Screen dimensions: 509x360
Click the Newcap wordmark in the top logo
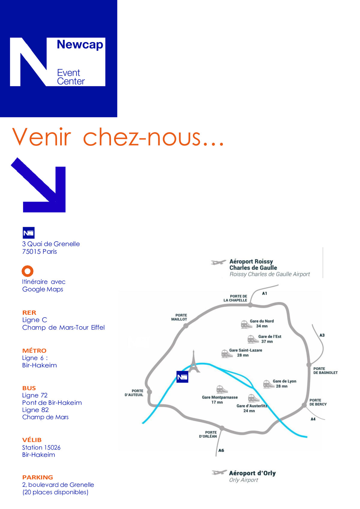[80, 45]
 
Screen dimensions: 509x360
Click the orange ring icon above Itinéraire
[28, 271]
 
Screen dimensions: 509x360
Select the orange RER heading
[29, 313]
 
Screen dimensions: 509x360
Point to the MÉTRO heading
[34, 350]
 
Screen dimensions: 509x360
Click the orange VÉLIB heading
[32, 440]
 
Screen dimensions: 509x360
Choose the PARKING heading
[37, 477]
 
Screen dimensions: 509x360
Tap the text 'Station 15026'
[41, 448]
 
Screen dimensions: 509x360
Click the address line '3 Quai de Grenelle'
[51, 244]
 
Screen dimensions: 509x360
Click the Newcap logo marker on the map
[182, 377]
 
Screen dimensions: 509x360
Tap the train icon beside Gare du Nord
[246, 324]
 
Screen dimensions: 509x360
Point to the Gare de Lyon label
[284, 381]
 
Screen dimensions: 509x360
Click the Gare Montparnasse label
[220, 397]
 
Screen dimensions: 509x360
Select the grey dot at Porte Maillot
[186, 326]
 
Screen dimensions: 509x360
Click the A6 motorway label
[221, 450]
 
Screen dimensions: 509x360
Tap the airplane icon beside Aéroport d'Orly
[219, 473]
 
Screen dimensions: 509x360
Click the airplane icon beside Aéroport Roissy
[218, 262]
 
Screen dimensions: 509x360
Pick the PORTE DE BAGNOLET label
[325, 371]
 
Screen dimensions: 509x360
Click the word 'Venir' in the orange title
[42, 137]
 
